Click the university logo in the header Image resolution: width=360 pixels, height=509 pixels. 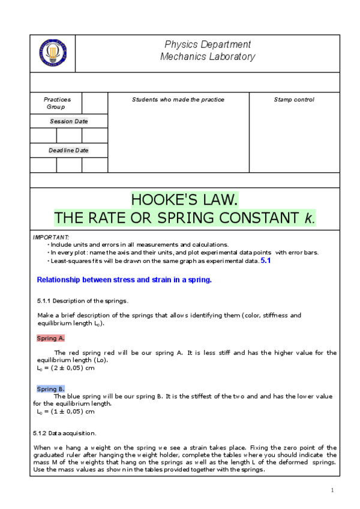point(53,53)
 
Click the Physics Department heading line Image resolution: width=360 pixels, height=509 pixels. point(207,44)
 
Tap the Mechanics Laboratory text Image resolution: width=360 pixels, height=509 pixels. point(207,57)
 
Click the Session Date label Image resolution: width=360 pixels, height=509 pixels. point(68,121)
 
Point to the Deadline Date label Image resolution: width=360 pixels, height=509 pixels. point(68,150)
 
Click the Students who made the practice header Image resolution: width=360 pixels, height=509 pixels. point(178,100)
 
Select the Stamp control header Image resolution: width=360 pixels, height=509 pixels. point(293,100)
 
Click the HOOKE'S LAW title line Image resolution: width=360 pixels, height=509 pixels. point(185,199)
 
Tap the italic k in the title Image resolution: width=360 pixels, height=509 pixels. point(308,217)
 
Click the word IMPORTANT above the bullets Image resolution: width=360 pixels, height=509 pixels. point(51,238)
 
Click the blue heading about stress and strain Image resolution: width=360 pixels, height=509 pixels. point(124,279)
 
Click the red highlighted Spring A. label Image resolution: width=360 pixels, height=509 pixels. point(50,338)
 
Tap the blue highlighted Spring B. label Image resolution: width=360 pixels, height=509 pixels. point(50,389)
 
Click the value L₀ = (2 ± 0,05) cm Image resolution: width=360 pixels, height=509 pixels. point(65,367)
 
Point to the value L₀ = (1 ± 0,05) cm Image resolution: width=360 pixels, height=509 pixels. point(65,412)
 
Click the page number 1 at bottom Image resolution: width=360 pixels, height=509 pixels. point(332,490)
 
